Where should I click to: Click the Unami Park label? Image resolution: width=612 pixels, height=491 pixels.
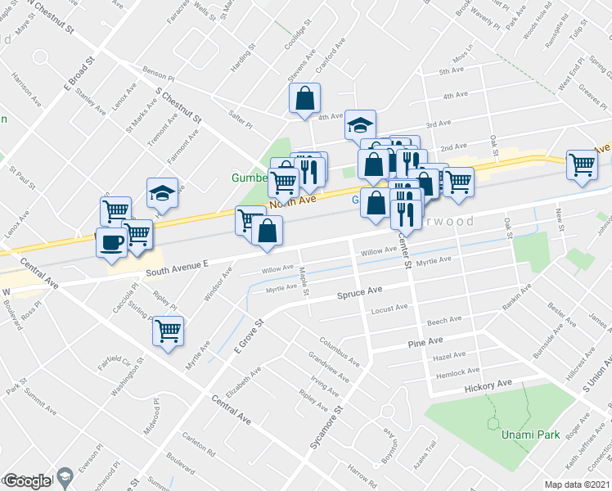tap(532, 435)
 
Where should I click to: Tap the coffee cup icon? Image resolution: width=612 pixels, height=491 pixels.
tap(111, 242)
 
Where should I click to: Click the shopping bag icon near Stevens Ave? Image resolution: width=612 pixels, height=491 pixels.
tap(304, 99)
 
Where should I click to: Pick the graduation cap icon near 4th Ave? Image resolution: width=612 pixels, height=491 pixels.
tap(358, 125)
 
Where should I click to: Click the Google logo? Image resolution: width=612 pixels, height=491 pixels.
tap(26, 481)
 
